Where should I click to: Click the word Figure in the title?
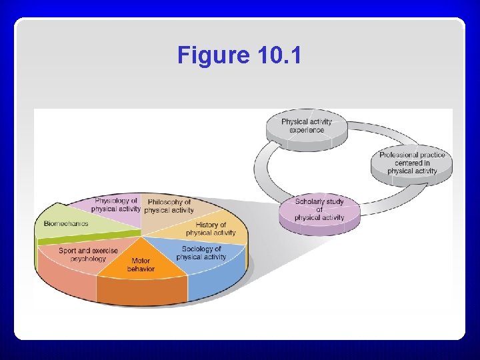pyautogui.click(x=213, y=55)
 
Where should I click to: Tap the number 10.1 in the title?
pyautogui.click(x=277, y=55)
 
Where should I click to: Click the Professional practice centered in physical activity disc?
pyautogui.click(x=412, y=163)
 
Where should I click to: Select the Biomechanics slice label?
pyautogui.click(x=66, y=223)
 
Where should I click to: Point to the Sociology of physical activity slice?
pyautogui.click(x=201, y=253)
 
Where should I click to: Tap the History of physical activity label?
pyautogui.click(x=211, y=229)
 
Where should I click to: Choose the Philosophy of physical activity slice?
pyautogui.click(x=169, y=206)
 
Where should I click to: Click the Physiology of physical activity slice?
pyautogui.click(x=116, y=205)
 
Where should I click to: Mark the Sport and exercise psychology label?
pyautogui.click(x=88, y=255)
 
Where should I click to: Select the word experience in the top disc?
pyautogui.click(x=307, y=129)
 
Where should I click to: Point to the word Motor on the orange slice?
pyautogui.click(x=141, y=261)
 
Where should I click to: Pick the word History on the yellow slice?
pyautogui.click(x=211, y=225)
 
